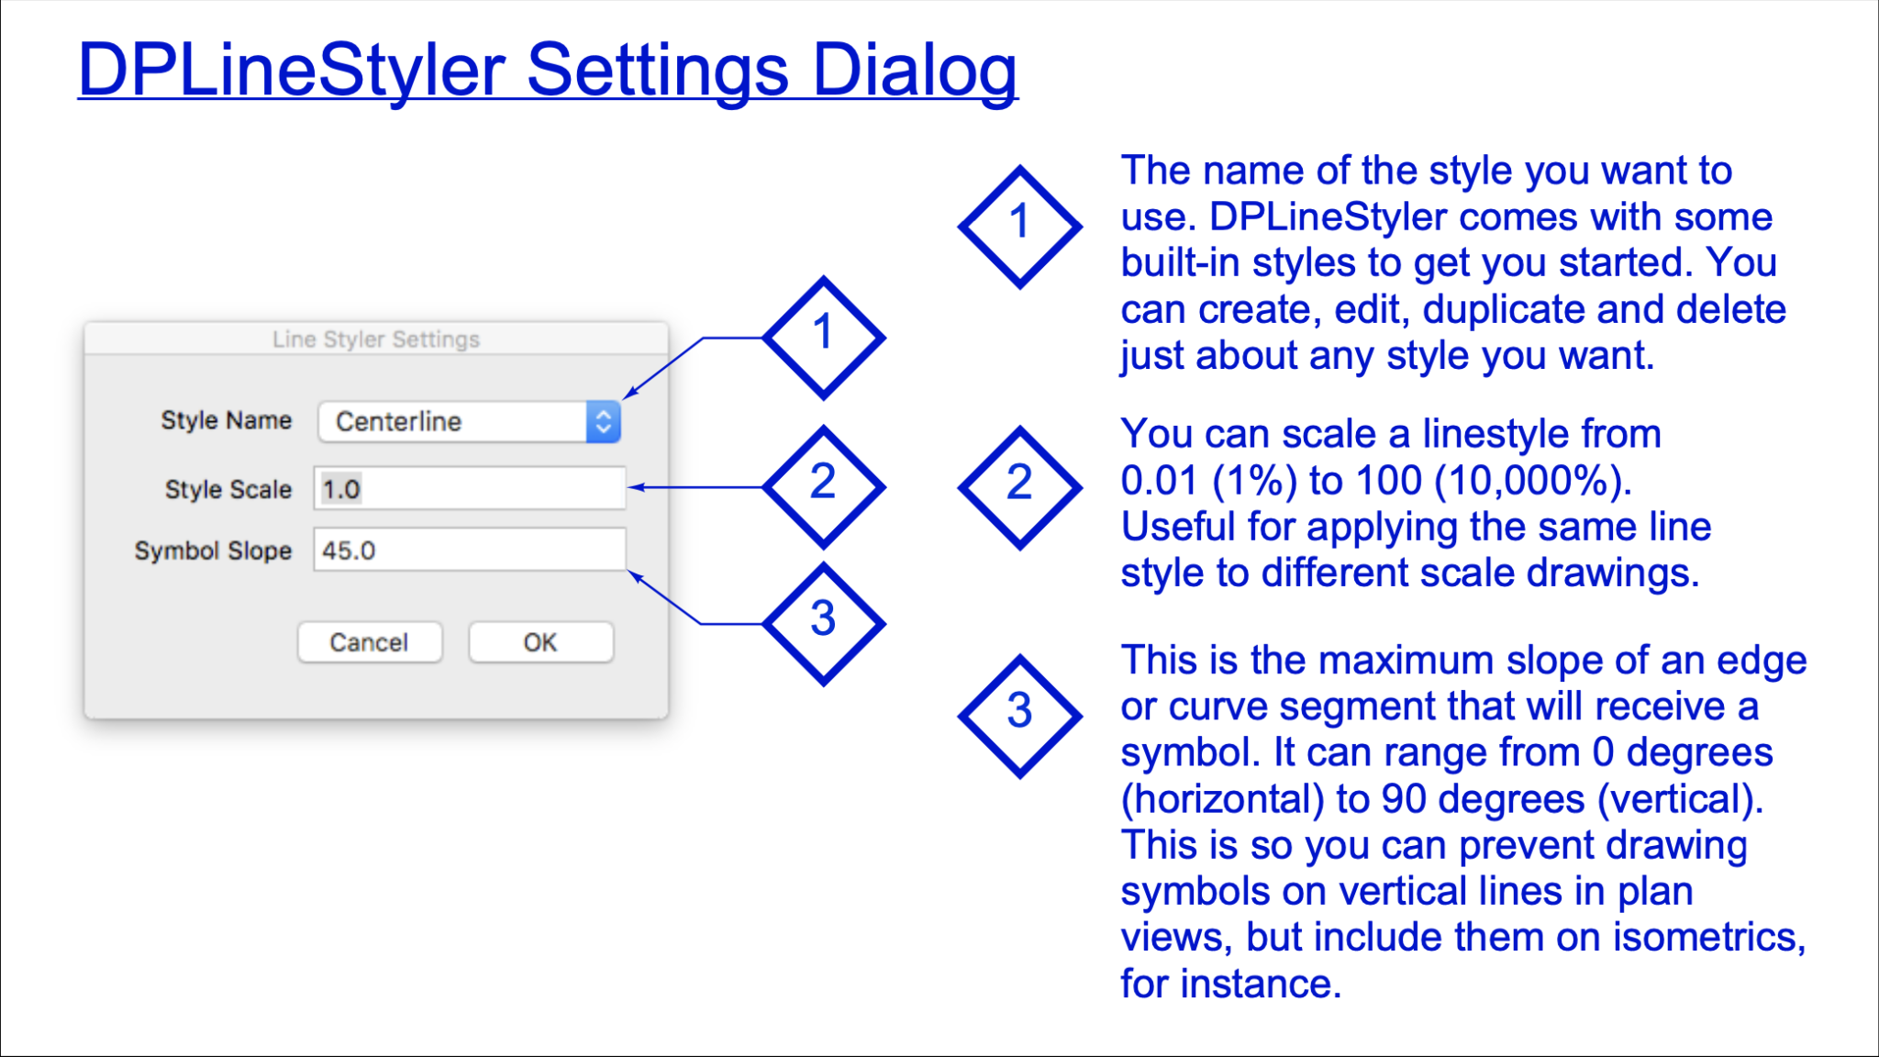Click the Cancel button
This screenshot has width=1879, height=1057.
click(370, 642)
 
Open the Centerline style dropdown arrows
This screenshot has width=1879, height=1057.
click(603, 422)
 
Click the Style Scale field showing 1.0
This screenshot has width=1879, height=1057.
click(470, 488)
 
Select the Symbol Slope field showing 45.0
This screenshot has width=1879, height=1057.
click(470, 550)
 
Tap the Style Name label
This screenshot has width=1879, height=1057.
click(227, 420)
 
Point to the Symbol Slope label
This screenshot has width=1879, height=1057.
click(213, 551)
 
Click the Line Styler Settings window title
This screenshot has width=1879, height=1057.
click(376, 339)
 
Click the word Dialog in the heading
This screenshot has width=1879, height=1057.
click(915, 72)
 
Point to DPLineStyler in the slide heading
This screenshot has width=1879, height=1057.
click(292, 70)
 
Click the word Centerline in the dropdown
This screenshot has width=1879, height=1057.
click(398, 422)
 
